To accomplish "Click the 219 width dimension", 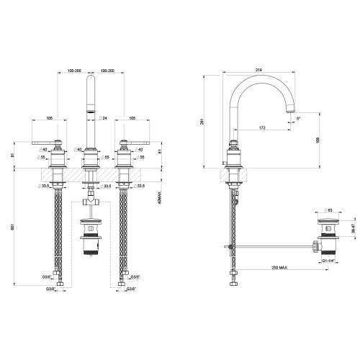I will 257,70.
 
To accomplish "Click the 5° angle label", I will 299,118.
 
